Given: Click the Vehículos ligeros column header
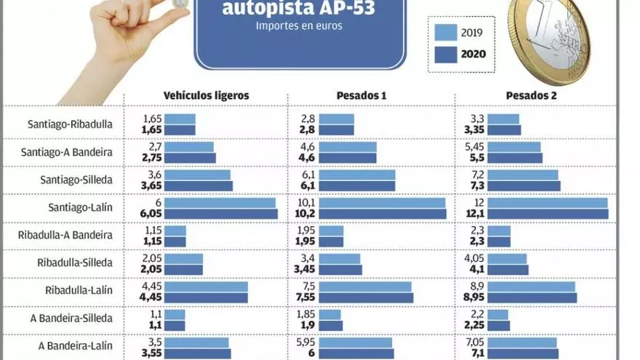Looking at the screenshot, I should coord(206,95).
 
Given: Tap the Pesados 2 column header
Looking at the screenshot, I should coord(531,95).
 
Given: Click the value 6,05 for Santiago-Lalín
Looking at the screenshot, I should coord(153,214).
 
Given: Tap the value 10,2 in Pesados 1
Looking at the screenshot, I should coord(305,214).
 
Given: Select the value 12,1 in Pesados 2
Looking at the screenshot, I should coord(476,214).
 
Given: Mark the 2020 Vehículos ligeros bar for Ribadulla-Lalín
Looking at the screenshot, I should coord(206,297).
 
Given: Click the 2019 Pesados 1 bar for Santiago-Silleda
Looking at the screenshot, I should coord(356,175).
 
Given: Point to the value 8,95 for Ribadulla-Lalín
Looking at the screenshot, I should coord(475,297).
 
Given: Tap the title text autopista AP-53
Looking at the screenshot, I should coord(299,9).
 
